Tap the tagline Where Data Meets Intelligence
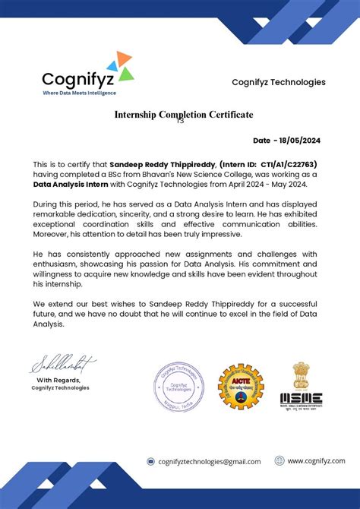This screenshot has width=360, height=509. coord(79,93)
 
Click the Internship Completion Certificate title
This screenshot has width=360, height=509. coord(184,115)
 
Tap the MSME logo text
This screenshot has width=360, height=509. coord(302,398)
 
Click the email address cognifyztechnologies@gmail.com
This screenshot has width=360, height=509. coord(209,461)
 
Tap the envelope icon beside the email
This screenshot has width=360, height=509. coord(151,461)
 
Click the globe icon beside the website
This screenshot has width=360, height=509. coord(279,460)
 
